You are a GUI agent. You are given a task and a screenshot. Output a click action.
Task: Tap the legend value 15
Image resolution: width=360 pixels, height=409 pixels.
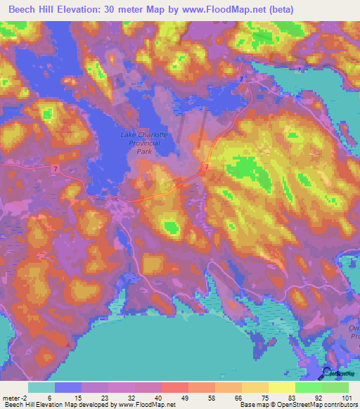click(68, 397)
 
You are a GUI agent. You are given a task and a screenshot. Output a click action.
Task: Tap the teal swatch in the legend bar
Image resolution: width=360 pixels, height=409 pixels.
click(41, 387)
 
